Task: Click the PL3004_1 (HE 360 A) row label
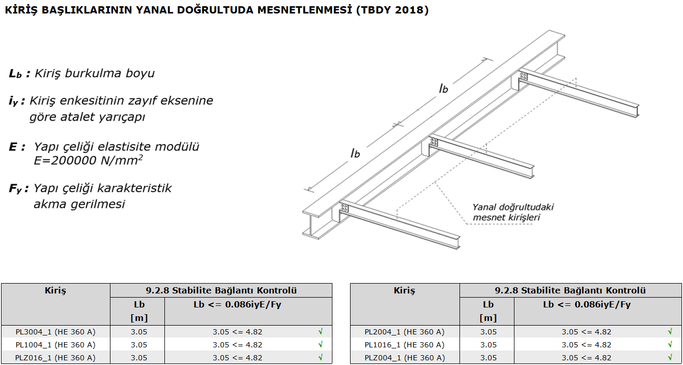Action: point(55,332)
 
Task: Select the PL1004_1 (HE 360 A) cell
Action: point(55,345)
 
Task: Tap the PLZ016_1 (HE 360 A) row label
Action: point(55,358)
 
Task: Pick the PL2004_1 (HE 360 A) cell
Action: point(405,332)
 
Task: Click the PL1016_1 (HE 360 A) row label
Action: point(405,345)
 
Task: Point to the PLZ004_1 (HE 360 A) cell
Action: point(405,358)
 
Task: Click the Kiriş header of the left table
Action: point(55,290)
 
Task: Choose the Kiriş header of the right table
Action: point(405,290)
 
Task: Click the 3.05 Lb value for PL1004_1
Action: point(139,345)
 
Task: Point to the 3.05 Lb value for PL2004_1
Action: point(488,332)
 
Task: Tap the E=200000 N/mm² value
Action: point(88,160)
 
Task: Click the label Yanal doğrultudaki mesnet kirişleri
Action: point(513,212)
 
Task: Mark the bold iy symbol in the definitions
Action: point(15,102)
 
